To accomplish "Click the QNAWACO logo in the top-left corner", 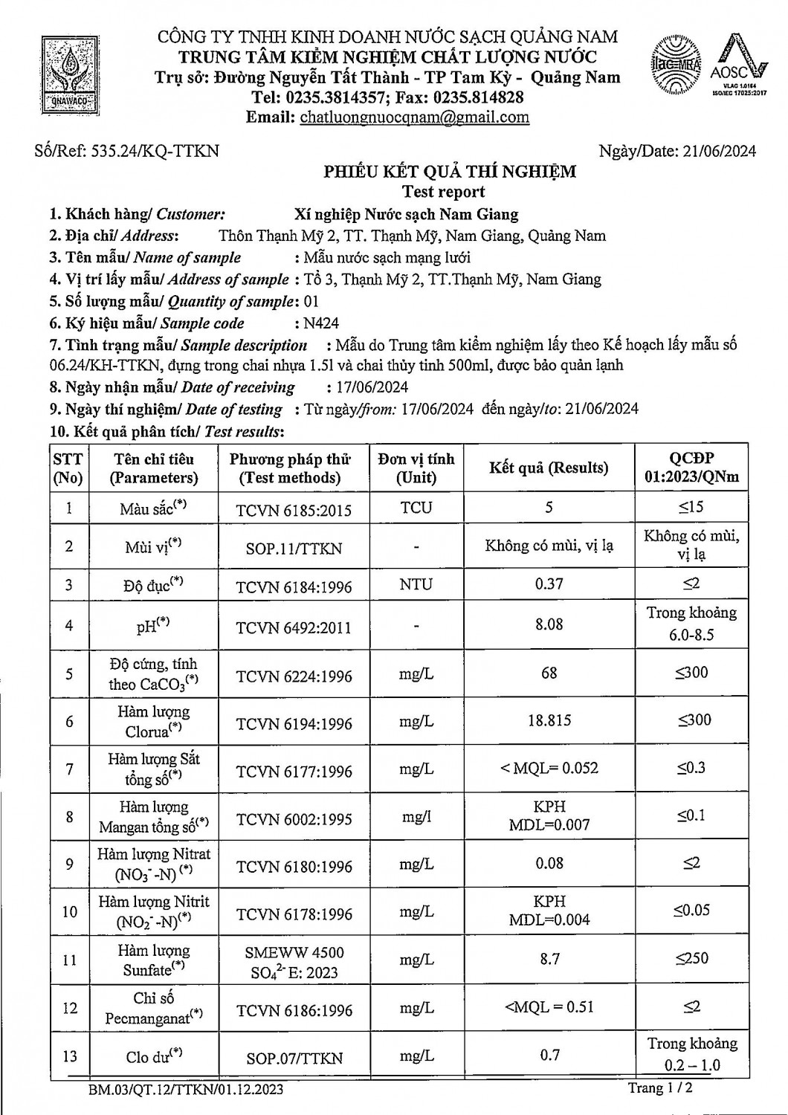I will coord(69,74).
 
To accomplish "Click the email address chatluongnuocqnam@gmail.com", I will coord(414,117).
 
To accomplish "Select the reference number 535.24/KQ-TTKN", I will coord(155,151).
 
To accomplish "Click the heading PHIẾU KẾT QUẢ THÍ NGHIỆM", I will coord(449,172).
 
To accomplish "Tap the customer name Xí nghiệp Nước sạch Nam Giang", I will coord(406,215).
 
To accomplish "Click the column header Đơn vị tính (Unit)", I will coord(416,468).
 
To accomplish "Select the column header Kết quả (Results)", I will coord(549,468).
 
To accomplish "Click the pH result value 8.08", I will coord(549,624).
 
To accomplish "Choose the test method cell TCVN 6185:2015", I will coord(294,510).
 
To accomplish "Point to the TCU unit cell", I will coord(416,508).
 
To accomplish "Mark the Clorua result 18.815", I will coord(549,720).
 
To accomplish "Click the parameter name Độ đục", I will coord(153,585).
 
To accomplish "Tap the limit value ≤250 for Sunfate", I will coord(691,959).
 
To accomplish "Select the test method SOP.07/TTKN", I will coord(294,1058).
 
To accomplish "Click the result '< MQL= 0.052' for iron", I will coord(549,769).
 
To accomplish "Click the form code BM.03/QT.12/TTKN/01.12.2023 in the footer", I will coord(184,1090).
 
